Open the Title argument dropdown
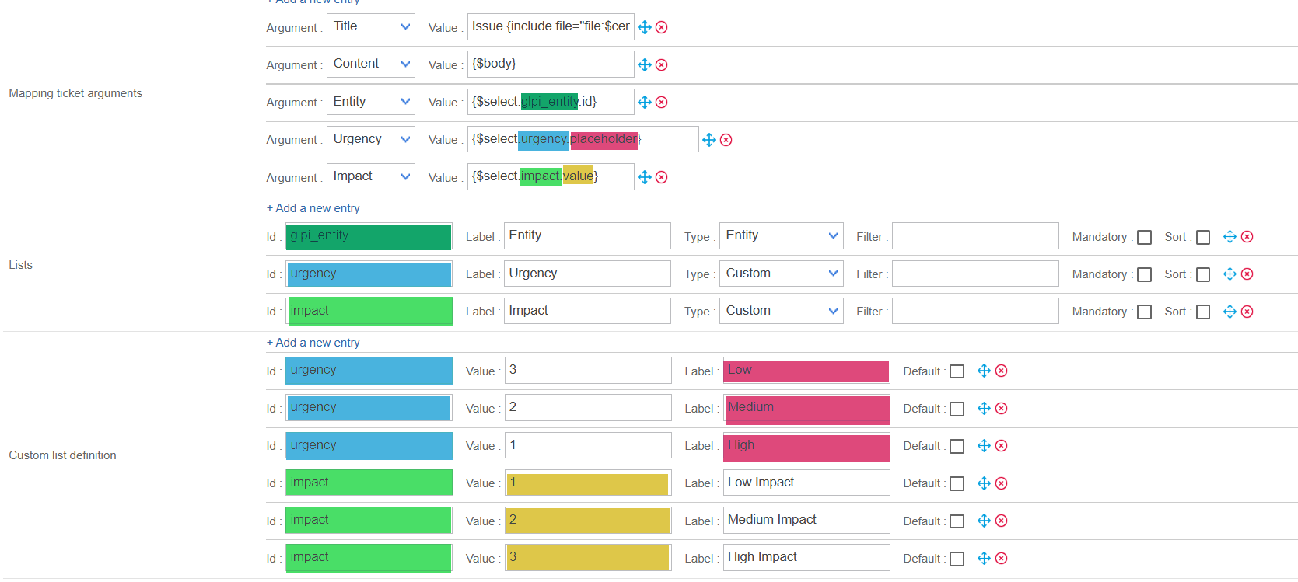coord(370,26)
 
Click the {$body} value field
coord(550,64)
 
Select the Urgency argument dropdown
coord(370,139)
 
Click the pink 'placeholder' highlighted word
coord(604,139)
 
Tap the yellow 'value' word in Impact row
coord(578,176)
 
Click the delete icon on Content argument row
coord(662,64)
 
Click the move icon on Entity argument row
coord(645,102)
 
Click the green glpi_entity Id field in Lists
coord(369,236)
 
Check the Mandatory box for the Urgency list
coord(1144,274)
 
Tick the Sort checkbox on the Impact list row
coord(1203,312)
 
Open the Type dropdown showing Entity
coord(781,235)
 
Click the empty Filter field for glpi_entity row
coord(975,236)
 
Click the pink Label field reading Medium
coord(806,408)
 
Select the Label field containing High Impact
coord(806,557)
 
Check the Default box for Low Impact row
coord(957,483)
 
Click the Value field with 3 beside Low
coord(588,370)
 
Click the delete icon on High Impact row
coord(1002,558)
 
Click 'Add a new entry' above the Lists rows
coord(313,208)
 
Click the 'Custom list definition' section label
coord(62,455)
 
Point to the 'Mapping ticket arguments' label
coord(75,93)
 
